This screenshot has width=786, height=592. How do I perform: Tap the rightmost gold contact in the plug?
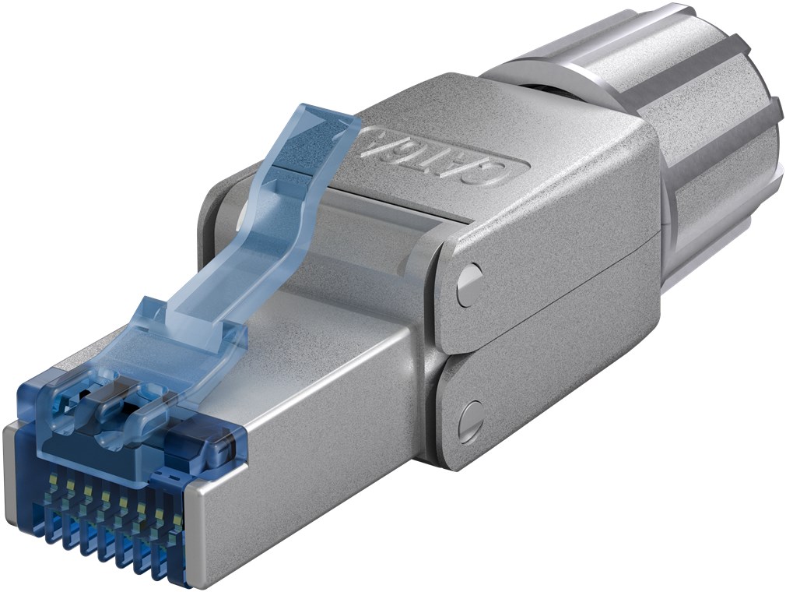[x=178, y=520]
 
